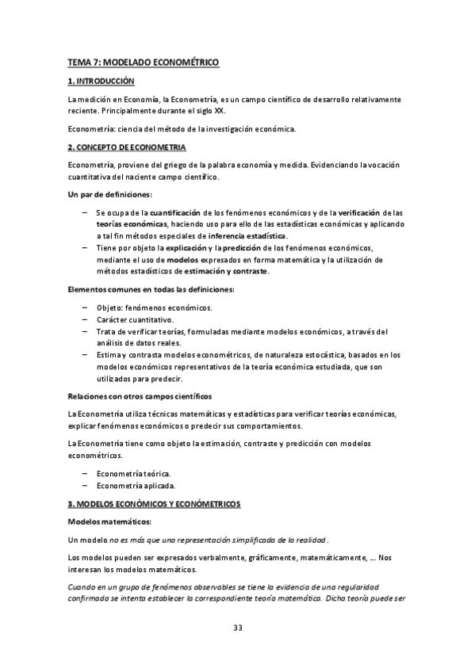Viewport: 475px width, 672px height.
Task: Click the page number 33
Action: [x=237, y=628]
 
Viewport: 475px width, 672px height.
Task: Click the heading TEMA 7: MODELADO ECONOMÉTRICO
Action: [x=143, y=62]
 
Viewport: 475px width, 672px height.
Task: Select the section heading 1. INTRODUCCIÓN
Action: [x=102, y=82]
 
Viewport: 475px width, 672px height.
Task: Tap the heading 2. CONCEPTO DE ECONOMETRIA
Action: [x=127, y=147]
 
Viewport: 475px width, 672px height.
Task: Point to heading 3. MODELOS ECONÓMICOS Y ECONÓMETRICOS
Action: [x=153, y=503]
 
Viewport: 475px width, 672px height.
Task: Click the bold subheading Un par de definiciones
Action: [x=109, y=194]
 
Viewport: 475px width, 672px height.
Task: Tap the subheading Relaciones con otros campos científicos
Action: [x=140, y=395]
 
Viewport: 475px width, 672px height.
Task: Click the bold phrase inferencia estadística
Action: [x=247, y=236]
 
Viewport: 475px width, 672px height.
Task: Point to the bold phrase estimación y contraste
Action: [x=231, y=271]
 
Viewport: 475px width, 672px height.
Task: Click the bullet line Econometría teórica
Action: [x=133, y=473]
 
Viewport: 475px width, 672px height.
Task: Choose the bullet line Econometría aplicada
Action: [x=136, y=485]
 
